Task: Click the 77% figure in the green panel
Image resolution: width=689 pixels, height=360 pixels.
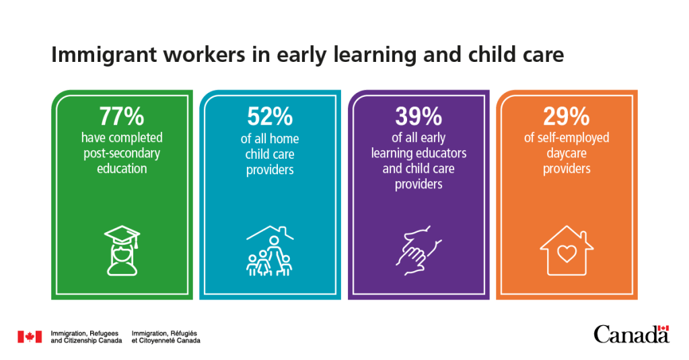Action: (121, 116)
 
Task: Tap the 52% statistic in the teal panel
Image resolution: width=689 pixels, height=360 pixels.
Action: (269, 116)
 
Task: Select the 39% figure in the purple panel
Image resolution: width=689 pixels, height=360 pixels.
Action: (418, 116)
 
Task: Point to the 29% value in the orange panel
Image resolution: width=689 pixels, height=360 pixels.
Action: (566, 116)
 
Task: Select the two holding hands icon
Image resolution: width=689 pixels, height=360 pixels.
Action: (418, 250)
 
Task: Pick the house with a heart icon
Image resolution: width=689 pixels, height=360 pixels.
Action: (566, 251)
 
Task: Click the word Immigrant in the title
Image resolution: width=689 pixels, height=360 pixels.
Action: (98, 55)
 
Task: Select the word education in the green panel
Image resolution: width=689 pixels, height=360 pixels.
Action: (121, 169)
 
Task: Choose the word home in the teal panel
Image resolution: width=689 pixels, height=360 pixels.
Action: (285, 139)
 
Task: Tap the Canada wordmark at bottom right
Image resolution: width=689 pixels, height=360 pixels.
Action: (626, 334)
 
